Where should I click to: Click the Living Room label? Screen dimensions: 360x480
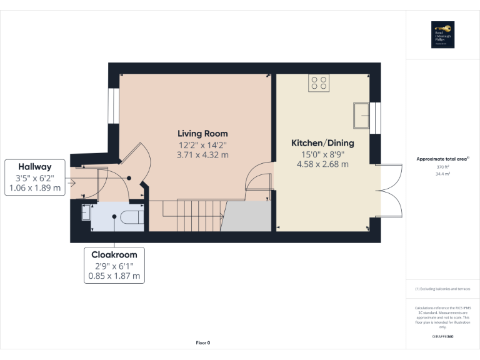point(202,134)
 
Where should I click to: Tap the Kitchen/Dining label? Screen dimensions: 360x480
point(322,143)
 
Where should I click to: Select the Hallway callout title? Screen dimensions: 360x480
point(34,167)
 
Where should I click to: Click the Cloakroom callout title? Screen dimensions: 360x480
point(114,255)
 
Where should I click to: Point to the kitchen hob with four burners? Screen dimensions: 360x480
point(319,83)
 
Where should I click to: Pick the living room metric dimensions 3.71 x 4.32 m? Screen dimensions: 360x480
point(202,154)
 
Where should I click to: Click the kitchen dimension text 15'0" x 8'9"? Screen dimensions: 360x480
point(322,154)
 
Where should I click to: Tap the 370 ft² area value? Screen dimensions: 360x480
point(442,167)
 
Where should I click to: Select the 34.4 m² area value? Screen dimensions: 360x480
point(442,174)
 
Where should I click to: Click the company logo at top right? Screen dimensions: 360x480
point(442,35)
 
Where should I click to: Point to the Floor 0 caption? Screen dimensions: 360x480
point(203,342)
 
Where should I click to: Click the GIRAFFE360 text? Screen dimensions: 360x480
point(442,337)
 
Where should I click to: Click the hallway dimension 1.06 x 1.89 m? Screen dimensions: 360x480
point(34,187)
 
